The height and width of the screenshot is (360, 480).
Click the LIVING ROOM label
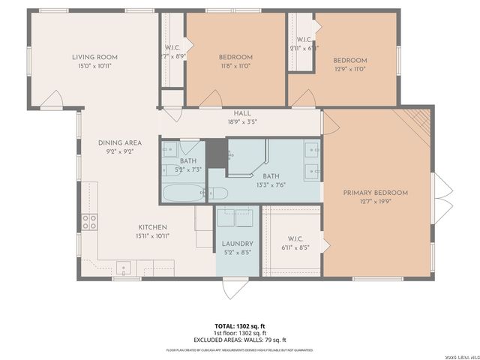(94, 57)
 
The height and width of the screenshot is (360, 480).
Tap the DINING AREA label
(120, 142)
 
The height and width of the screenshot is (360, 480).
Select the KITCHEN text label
(152, 227)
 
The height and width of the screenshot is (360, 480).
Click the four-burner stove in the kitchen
(89, 221)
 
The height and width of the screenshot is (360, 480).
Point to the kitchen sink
(124, 267)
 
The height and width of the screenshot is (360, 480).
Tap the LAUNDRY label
(237, 244)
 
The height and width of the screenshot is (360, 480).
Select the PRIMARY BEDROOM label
(375, 193)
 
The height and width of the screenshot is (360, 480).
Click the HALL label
(241, 112)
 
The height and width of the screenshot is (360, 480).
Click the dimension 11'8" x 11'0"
(235, 67)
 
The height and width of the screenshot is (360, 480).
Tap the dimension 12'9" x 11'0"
(350, 70)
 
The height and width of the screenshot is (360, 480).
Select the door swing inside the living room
(53, 97)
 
